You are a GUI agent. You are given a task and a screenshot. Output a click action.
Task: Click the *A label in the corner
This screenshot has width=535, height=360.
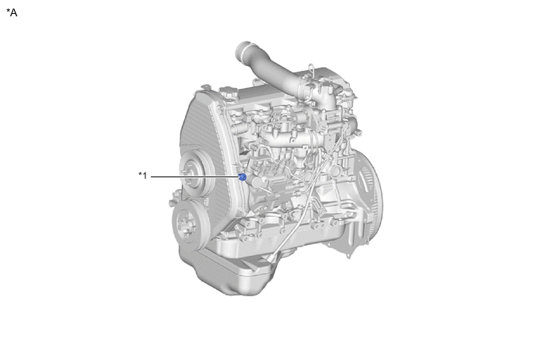pyautogui.click(x=12, y=12)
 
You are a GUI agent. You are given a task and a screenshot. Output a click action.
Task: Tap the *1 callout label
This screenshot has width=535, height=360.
pyautogui.click(x=142, y=176)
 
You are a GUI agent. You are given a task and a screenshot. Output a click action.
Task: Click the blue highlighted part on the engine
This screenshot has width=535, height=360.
pyautogui.click(x=243, y=177)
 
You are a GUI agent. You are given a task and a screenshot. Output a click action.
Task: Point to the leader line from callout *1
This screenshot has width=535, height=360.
pyautogui.click(x=195, y=177)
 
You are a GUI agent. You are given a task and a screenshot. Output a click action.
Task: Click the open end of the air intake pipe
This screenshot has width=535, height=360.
pyautogui.click(x=242, y=51)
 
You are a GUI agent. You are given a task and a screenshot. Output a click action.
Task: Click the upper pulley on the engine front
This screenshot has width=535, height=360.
pyautogui.click(x=192, y=173)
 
